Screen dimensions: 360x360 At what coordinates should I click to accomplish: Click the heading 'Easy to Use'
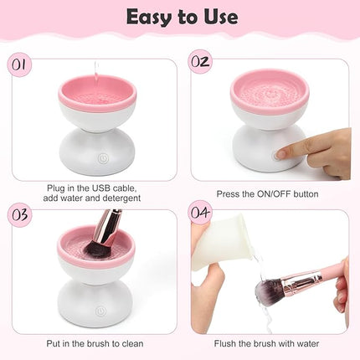[x=180, y=17]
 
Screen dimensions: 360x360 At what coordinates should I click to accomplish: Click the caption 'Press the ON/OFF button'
[x=267, y=193]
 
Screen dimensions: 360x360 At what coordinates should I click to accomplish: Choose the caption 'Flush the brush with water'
[x=268, y=342]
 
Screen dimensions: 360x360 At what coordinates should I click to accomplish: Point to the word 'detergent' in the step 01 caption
[x=118, y=199]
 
